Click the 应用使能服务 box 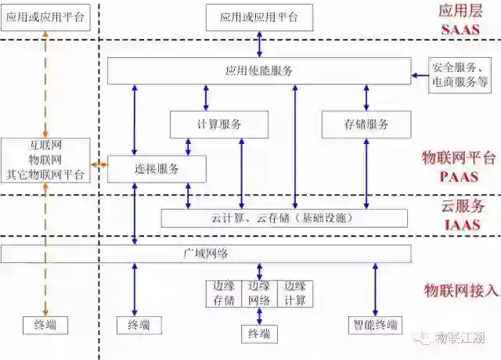(x=258, y=71)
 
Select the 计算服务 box (x=219, y=124)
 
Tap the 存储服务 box (x=366, y=124)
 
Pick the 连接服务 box (x=157, y=168)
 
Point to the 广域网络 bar (x=206, y=254)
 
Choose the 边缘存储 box (x=224, y=293)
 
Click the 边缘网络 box (x=259, y=293)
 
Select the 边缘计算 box (x=295, y=293)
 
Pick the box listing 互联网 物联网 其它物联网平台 (x=45, y=160)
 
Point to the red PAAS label (x=460, y=177)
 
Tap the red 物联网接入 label (x=461, y=290)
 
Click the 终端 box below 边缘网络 (x=259, y=334)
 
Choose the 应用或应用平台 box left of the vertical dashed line (x=45, y=16)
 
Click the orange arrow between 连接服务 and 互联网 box (x=99, y=165)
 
